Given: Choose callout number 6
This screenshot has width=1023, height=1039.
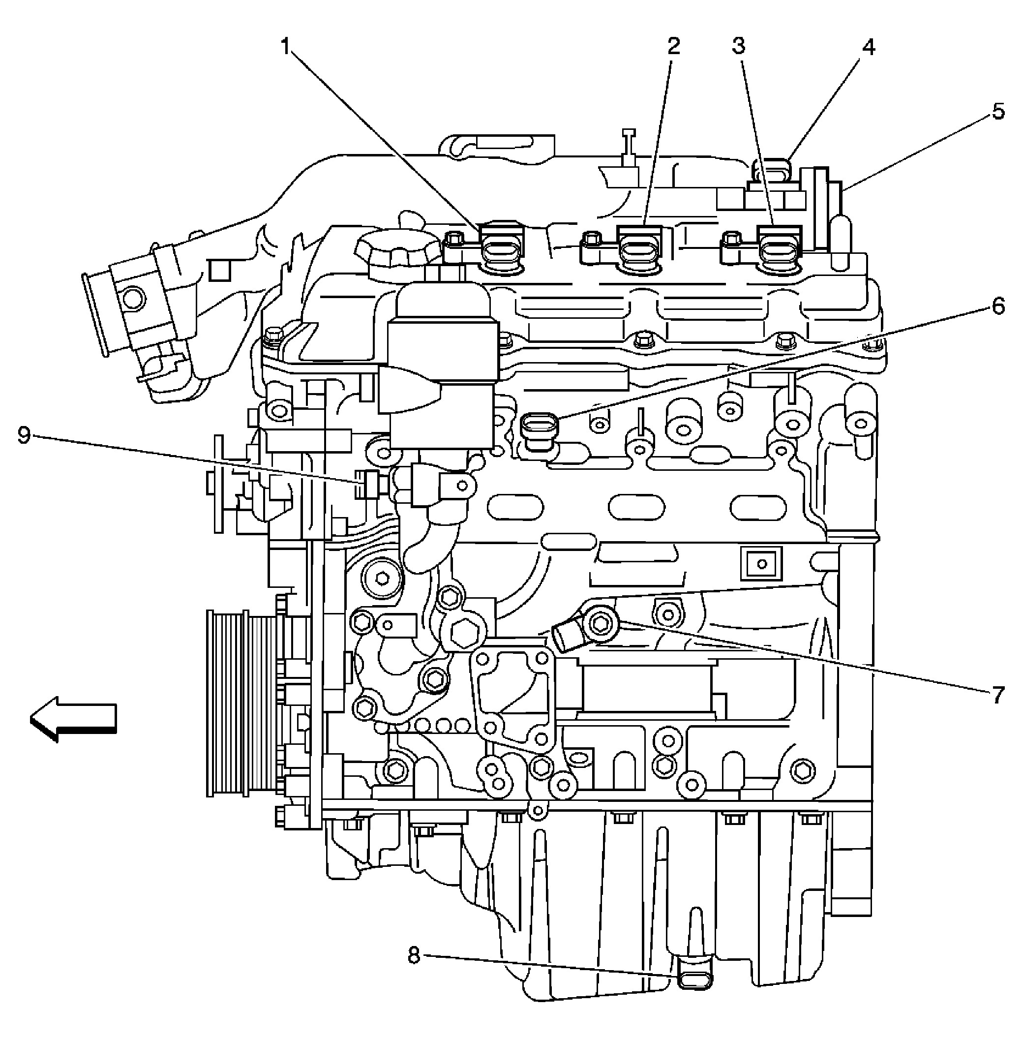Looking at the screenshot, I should (x=998, y=306).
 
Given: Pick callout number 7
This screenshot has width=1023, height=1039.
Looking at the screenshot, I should (x=998, y=695).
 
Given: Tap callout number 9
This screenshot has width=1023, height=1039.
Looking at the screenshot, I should (x=24, y=435).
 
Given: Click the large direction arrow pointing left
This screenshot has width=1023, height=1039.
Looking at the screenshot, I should (x=72, y=720).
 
